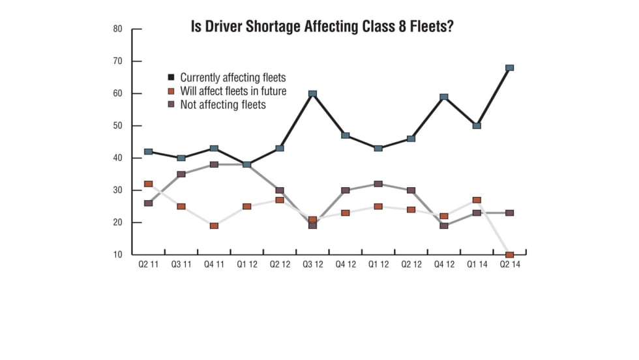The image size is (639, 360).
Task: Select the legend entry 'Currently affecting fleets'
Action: [233, 77]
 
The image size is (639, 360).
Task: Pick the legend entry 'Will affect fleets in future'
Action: [233, 91]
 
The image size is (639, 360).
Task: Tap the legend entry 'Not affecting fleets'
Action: [223, 104]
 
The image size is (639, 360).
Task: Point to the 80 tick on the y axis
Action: [118, 29]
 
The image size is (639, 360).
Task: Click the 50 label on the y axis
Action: [118, 126]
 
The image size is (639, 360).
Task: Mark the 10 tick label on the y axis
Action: [118, 255]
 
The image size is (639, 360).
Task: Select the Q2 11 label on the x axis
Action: [148, 264]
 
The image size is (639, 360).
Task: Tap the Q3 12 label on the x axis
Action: [312, 264]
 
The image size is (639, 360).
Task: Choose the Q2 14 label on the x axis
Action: [509, 264]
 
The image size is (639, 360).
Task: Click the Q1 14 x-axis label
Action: [477, 264]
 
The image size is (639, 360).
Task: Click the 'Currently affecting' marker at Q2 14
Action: [509, 68]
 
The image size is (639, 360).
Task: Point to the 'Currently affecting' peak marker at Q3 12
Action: [312, 94]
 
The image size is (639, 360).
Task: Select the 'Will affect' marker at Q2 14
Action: [509, 255]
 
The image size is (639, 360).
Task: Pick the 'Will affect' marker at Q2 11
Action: [148, 184]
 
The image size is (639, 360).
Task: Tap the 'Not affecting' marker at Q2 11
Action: [148, 203]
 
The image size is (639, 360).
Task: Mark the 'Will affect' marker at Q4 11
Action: [214, 226]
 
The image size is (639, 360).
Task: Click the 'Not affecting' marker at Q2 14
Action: [509, 213]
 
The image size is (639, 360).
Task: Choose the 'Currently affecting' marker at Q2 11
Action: [148, 151]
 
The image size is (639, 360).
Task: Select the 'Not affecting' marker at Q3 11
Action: [181, 174]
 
